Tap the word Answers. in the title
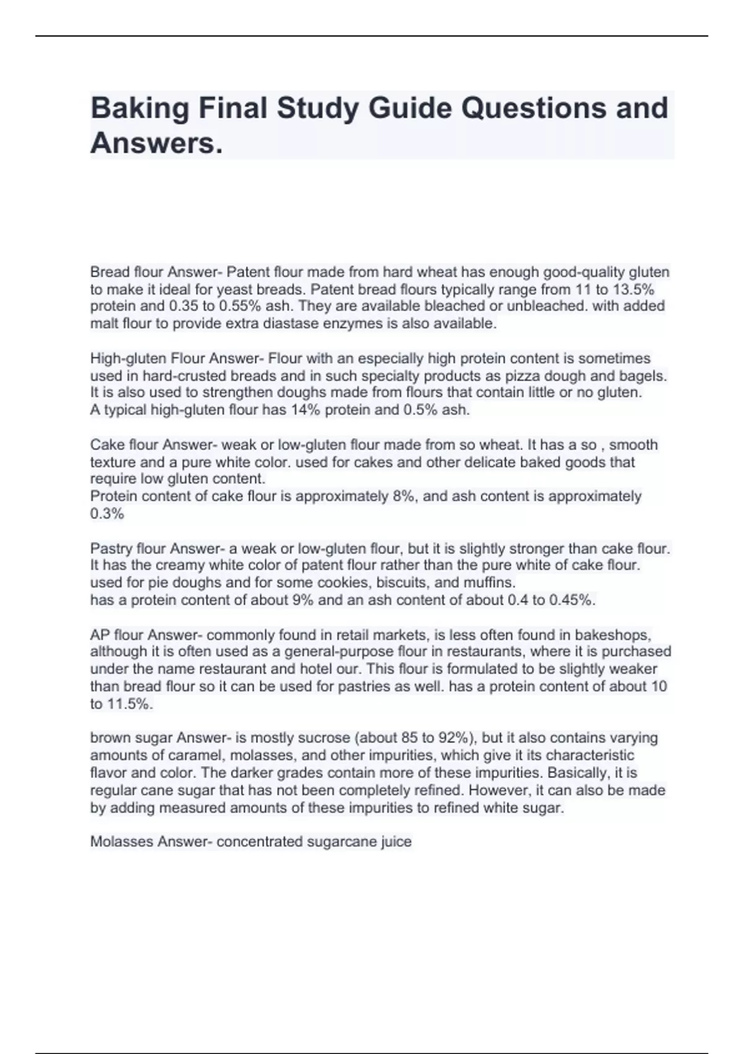[156, 144]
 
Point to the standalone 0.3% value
[107, 513]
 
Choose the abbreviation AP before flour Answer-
[100, 635]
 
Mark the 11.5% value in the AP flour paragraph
[130, 704]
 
